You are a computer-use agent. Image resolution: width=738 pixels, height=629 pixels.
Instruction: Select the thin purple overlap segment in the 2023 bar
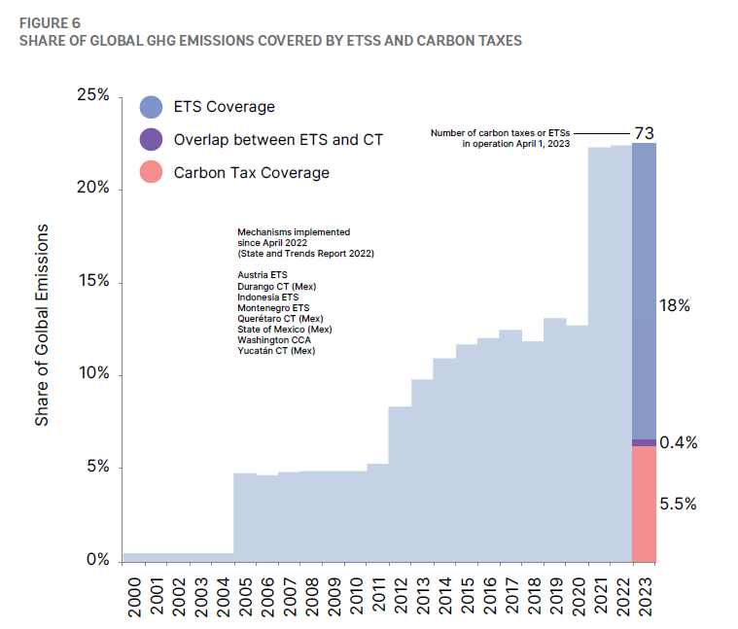point(644,442)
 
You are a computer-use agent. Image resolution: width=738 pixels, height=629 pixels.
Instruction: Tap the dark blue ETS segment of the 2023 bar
point(644,292)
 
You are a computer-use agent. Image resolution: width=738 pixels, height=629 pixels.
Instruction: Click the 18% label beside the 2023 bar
point(674,305)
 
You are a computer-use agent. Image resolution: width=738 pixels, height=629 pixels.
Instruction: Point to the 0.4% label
point(678,442)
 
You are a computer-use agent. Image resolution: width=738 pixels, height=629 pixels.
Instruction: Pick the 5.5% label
point(677,504)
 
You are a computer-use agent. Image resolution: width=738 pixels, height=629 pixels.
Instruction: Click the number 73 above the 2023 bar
point(644,132)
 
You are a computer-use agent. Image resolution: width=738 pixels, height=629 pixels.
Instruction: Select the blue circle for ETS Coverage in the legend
point(152,107)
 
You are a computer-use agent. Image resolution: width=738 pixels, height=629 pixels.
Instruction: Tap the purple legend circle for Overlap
point(152,140)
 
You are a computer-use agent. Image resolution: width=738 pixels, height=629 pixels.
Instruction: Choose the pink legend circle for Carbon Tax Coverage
point(152,173)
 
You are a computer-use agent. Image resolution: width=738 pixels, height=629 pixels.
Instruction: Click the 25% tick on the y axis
point(94,96)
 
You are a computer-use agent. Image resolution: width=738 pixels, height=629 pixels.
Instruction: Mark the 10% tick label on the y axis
point(94,375)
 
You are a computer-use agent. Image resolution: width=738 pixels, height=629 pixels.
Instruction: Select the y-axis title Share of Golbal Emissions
point(42,325)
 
